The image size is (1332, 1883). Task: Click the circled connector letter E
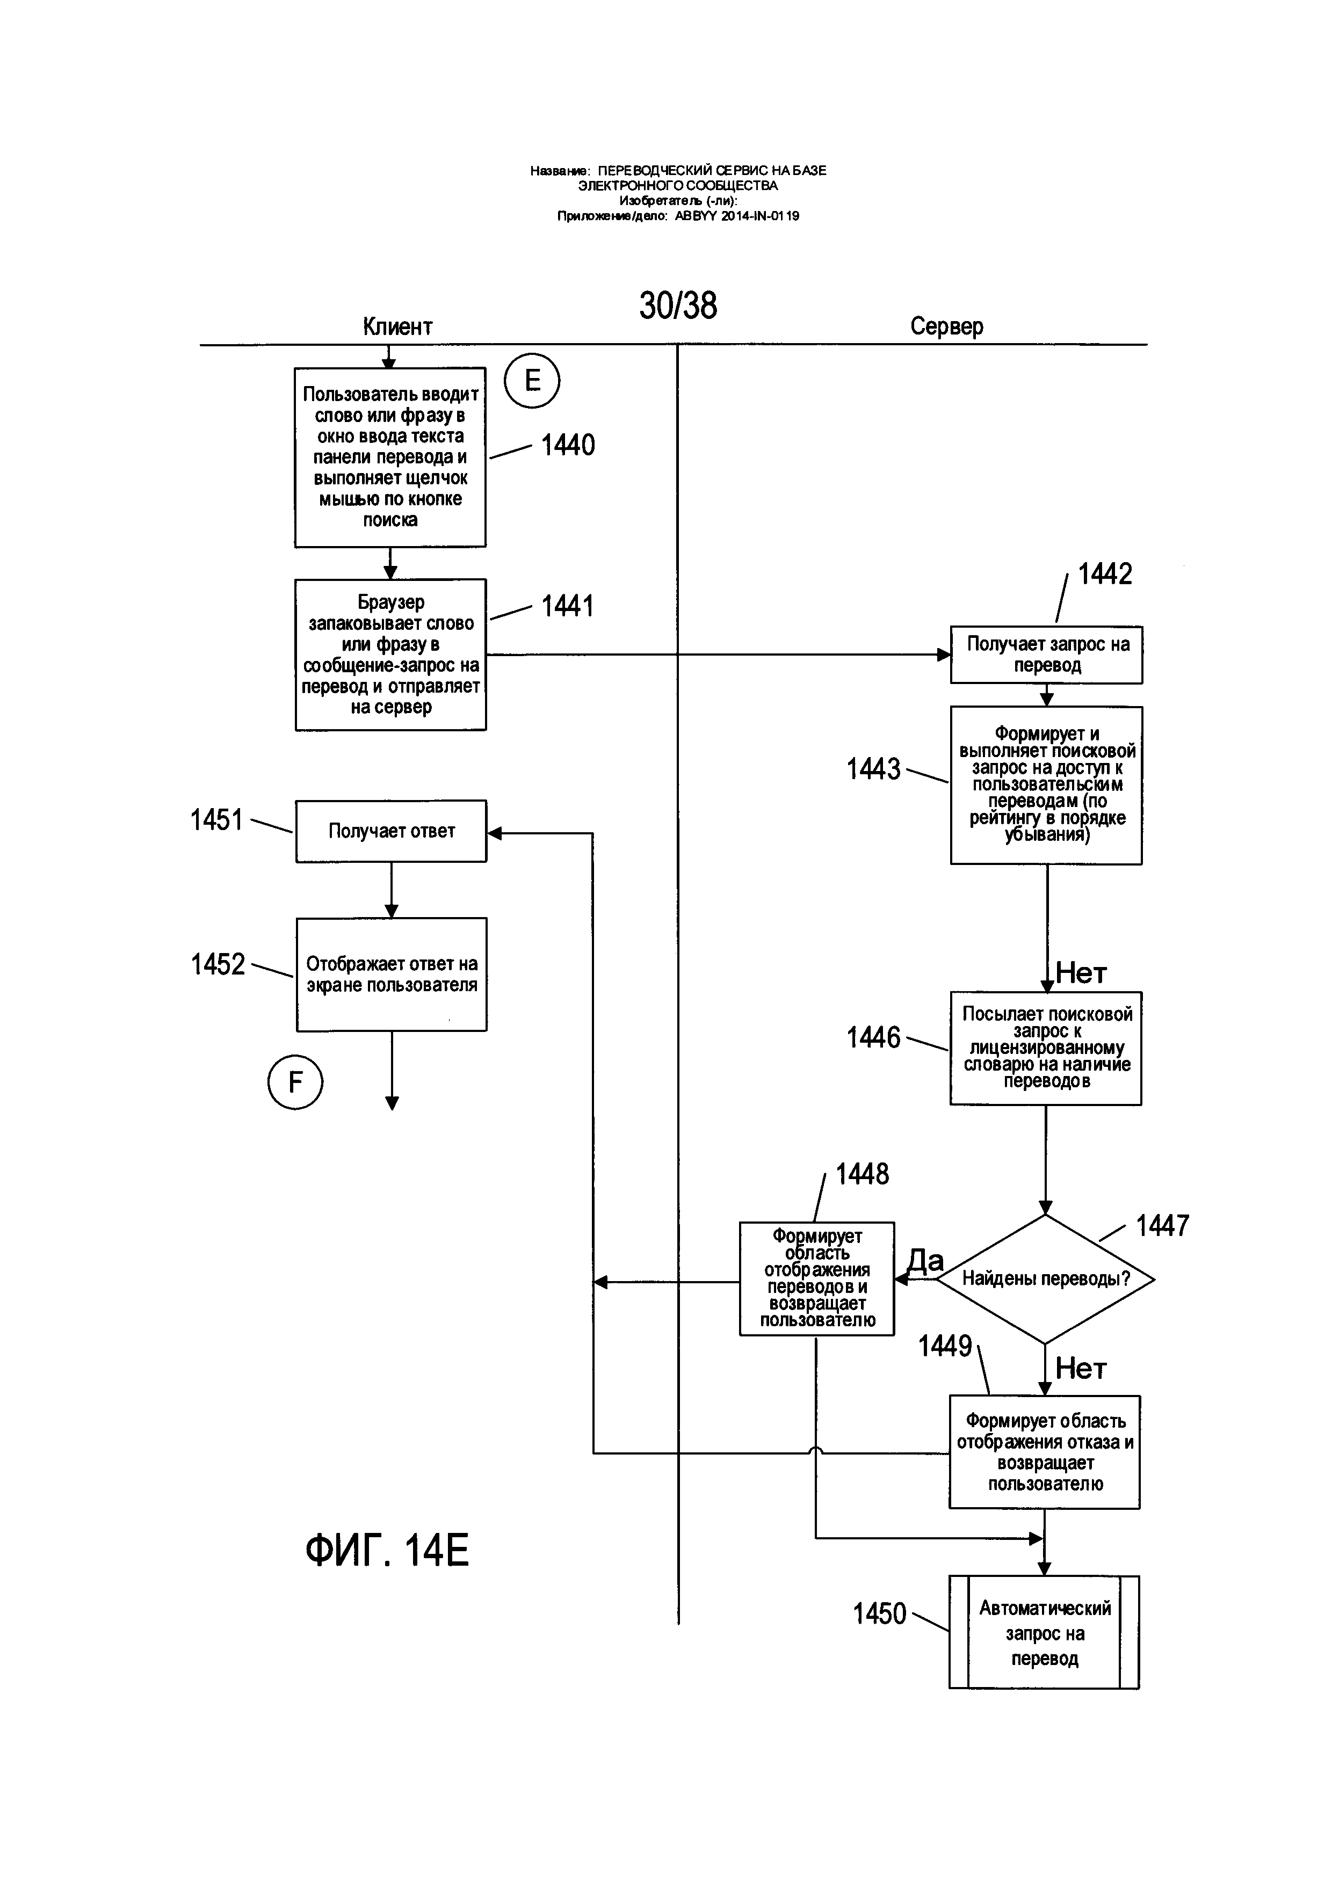532,381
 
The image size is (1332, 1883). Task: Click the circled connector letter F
295,1082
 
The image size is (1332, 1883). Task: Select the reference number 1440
568,445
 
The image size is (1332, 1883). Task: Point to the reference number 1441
568,606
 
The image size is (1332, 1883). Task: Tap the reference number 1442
1105,573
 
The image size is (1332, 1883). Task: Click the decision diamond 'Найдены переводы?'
1045,1278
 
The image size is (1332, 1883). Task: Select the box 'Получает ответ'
391,831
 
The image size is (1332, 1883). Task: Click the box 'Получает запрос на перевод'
1047,655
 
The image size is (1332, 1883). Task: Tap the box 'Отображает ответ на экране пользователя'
391,975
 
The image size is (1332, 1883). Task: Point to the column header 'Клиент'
398,326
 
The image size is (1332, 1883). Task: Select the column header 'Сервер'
946,326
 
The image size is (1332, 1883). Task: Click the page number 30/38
678,305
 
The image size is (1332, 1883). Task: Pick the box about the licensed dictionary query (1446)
1046,1048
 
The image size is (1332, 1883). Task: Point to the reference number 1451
216,819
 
